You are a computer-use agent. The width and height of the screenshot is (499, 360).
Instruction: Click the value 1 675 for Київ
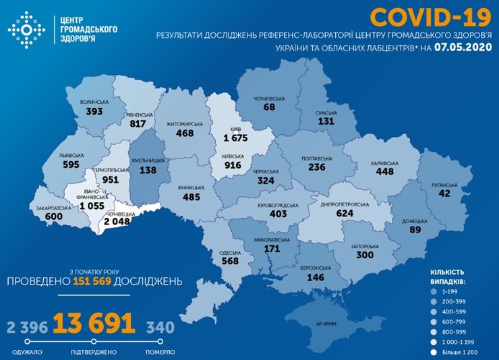coord(236,138)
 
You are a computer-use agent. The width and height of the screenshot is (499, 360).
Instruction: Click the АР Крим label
coord(325,324)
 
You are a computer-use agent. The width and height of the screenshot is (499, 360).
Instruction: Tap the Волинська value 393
coord(94,111)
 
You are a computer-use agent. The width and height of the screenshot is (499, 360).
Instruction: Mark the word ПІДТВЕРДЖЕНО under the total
coord(92,352)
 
